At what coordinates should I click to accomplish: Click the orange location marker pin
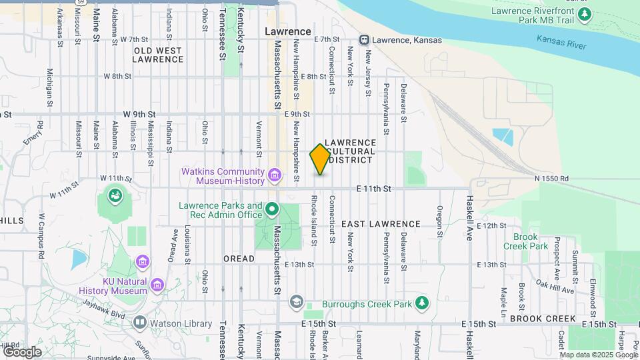pyautogui.click(x=320, y=159)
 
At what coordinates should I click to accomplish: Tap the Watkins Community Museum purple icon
pyautogui.click(x=274, y=175)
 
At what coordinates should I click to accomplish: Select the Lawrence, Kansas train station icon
pyautogui.click(x=365, y=40)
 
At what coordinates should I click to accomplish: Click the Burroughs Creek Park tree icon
pyautogui.click(x=421, y=303)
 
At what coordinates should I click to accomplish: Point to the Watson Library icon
pyautogui.click(x=140, y=323)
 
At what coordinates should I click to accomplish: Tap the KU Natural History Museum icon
pyautogui.click(x=157, y=285)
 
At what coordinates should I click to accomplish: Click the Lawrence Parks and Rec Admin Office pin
pyautogui.click(x=272, y=210)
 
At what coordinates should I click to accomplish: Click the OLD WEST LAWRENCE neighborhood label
pyautogui.click(x=157, y=55)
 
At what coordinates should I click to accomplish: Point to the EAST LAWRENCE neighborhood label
pyautogui.click(x=381, y=225)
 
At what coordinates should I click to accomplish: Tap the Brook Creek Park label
pyautogui.click(x=530, y=241)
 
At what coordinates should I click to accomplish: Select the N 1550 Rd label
pyautogui.click(x=551, y=179)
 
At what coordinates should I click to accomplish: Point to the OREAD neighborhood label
pyautogui.click(x=239, y=259)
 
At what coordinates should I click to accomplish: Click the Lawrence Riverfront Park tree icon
pyautogui.click(x=585, y=15)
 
